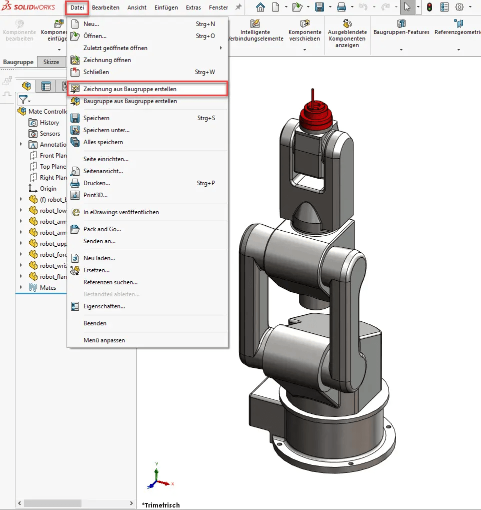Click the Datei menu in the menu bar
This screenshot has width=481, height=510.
[x=77, y=8]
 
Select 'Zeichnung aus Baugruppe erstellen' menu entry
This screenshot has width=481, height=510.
[x=129, y=89]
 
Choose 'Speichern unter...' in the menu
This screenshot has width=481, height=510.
[x=106, y=130]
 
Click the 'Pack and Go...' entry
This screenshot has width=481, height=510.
[x=102, y=229]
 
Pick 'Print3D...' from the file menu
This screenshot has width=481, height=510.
[x=95, y=195]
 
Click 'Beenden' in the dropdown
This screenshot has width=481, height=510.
[x=94, y=323]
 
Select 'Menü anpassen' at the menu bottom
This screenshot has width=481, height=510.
[x=104, y=340]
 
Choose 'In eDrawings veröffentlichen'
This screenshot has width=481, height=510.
[x=121, y=212]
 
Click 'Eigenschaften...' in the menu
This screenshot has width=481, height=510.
[x=104, y=306]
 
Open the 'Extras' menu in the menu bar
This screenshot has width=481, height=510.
[x=193, y=8]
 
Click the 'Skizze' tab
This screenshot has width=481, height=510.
[x=51, y=62]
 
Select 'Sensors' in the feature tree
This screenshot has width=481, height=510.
[x=49, y=134]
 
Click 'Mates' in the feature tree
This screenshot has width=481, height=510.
[x=48, y=288]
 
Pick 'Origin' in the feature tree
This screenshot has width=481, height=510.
[x=48, y=189]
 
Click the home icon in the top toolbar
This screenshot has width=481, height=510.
[x=260, y=8]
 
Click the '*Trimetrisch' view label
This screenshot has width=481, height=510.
[x=160, y=504]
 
